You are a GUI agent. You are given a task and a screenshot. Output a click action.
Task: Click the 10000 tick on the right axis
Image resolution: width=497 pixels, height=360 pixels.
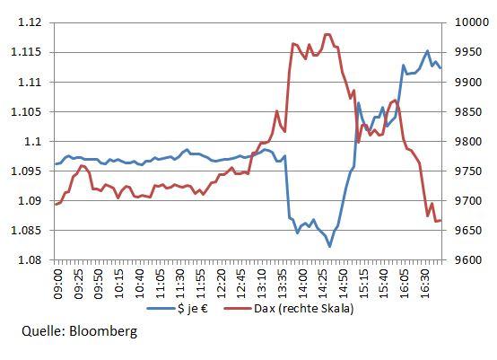pyautogui.click(x=468, y=23)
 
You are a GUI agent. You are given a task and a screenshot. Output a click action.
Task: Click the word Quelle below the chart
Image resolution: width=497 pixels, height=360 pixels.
pyautogui.click(x=42, y=332)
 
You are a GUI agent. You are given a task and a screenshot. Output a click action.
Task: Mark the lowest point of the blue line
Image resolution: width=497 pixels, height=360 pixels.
pyautogui.click(x=329, y=246)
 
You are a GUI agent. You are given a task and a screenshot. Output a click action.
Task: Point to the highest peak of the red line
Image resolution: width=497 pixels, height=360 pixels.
pyautogui.click(x=327, y=34)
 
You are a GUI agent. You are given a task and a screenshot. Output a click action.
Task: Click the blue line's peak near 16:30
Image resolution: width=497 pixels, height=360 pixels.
pyautogui.click(x=427, y=51)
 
